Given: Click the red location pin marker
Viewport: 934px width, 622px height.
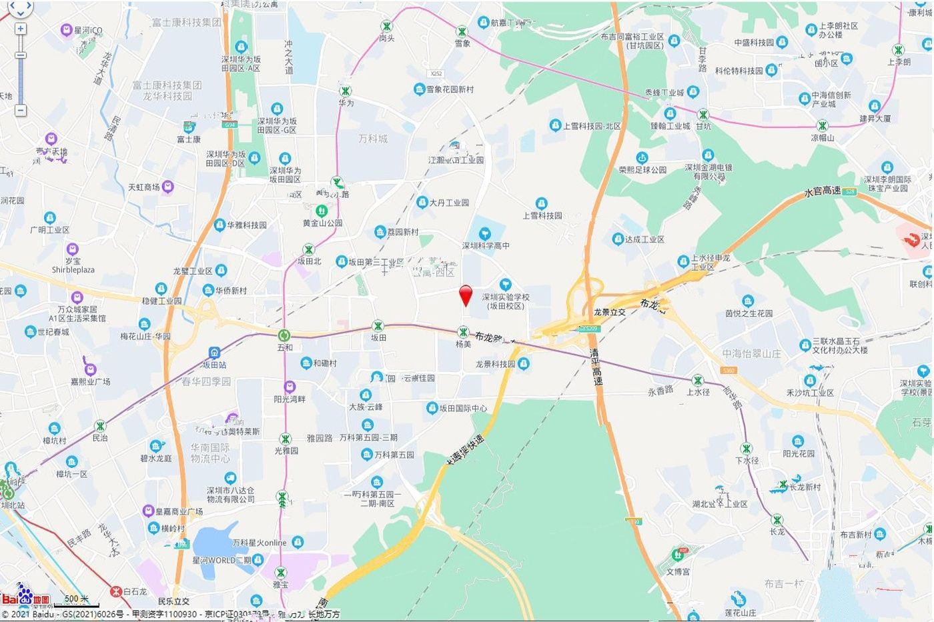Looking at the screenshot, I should [466, 294].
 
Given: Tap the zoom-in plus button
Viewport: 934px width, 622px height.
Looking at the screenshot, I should [21, 29].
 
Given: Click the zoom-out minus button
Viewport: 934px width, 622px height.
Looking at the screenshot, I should [21, 110].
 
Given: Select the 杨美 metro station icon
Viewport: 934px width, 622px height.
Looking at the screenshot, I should [463, 332].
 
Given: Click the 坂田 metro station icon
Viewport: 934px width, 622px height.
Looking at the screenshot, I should [378, 326].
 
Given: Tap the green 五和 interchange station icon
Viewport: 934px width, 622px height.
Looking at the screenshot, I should [285, 335].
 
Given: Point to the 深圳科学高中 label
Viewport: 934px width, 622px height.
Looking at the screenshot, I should [486, 245].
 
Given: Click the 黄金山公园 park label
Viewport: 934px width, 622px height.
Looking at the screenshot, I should [322, 223].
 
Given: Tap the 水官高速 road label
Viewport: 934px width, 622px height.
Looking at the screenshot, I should [822, 191].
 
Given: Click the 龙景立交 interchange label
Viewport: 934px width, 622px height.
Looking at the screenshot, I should [609, 312].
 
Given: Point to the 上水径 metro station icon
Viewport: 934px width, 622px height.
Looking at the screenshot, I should [698, 380].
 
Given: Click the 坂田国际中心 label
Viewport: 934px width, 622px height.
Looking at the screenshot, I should [463, 408].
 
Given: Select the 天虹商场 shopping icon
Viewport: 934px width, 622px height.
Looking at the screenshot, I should [168, 187].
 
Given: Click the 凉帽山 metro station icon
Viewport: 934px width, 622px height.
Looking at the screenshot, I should [823, 126].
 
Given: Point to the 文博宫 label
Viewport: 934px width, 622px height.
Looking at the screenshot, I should [678, 571].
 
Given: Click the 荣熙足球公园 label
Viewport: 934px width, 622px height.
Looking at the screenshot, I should [642, 170].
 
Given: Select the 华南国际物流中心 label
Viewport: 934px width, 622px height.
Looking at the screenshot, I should [210, 453].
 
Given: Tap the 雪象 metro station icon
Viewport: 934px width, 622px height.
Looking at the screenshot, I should [462, 31].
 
